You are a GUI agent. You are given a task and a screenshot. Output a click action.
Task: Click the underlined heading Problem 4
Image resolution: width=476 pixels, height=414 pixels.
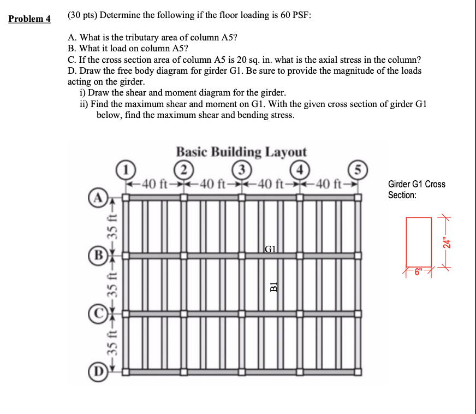(29, 19)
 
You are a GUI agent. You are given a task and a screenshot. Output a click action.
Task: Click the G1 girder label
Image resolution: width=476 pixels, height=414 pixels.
(271, 249)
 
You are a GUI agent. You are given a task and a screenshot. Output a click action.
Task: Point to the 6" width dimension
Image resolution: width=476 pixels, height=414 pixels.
(419, 271)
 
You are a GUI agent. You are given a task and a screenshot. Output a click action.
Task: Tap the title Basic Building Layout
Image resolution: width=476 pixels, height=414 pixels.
(241, 151)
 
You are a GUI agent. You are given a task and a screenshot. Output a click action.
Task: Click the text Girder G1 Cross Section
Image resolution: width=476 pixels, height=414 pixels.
(416, 190)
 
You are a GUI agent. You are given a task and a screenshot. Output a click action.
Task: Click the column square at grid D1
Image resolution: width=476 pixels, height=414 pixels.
(124, 372)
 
